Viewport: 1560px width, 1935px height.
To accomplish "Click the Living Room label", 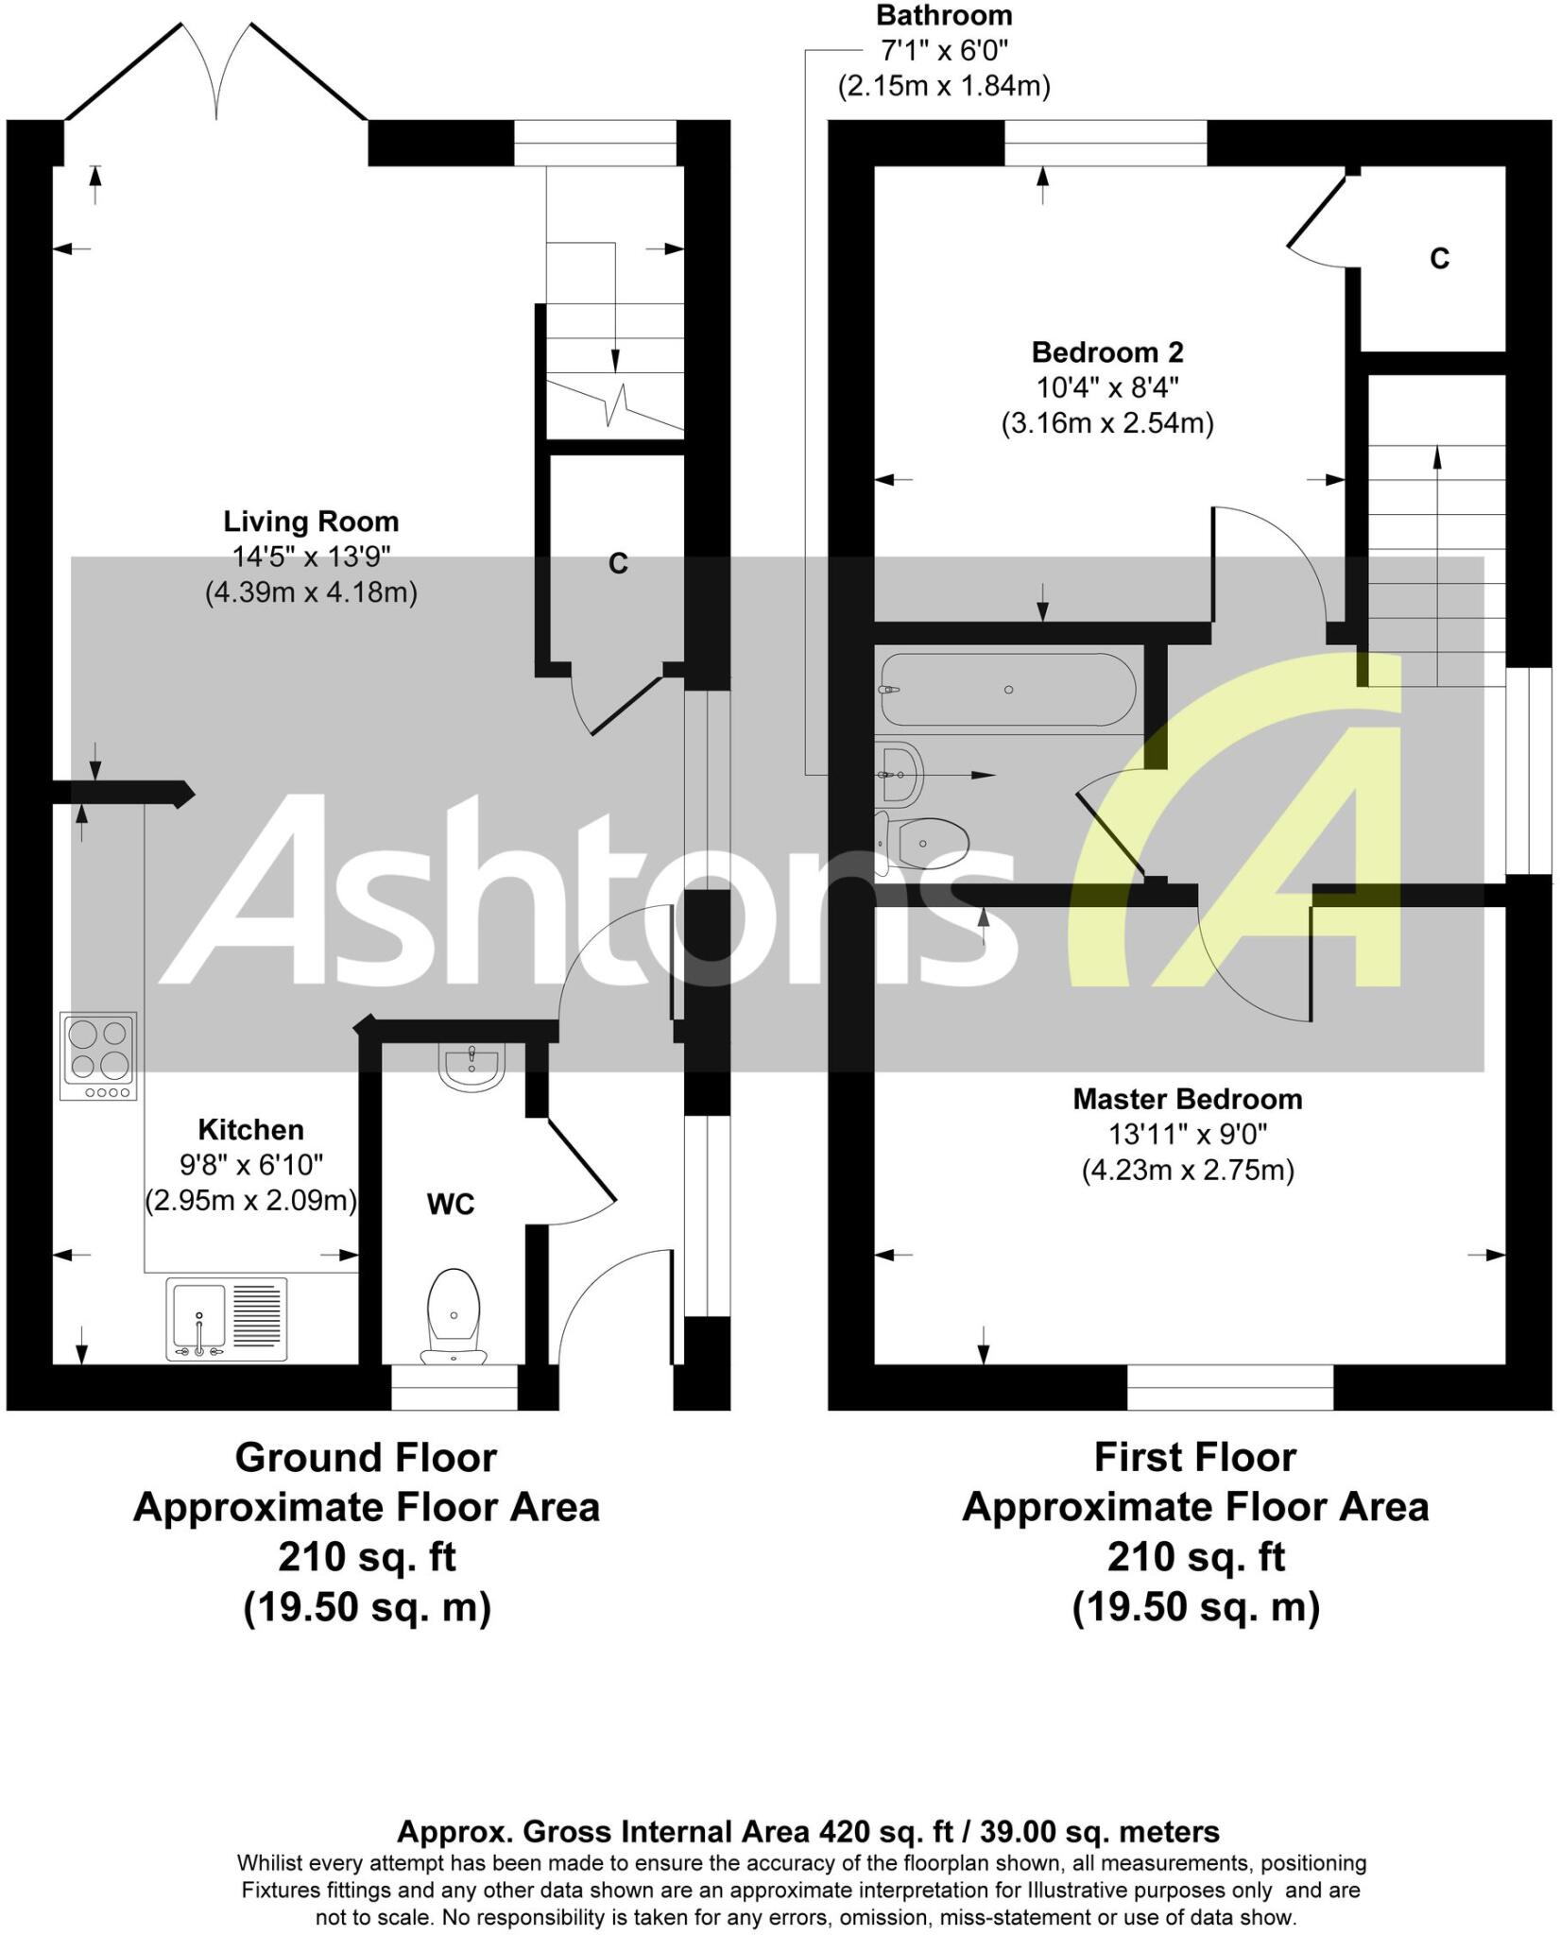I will (x=311, y=522).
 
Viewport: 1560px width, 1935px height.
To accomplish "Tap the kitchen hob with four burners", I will (x=98, y=1055).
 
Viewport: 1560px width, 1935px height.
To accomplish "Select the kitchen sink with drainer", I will (x=226, y=1319).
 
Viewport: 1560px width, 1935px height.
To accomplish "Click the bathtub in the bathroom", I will (x=1007, y=690).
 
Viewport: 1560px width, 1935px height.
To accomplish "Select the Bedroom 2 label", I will (x=1106, y=352).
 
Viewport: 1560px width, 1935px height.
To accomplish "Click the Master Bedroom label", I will (x=1187, y=1099).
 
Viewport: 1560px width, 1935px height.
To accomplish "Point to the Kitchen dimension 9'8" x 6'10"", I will (x=251, y=1165).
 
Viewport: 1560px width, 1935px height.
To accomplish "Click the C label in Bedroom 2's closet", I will (x=1439, y=259).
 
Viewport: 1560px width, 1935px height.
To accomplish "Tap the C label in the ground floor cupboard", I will (x=618, y=564).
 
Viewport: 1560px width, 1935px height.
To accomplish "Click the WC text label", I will (x=451, y=1205).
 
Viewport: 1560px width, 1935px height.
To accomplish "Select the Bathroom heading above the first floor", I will (x=944, y=16).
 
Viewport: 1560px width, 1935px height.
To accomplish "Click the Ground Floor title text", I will (x=366, y=1457).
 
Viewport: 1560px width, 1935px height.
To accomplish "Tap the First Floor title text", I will (x=1194, y=1457).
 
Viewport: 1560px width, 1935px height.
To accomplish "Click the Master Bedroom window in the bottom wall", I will (x=1230, y=1386).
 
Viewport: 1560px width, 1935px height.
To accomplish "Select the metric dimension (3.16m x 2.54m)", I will (x=1106, y=423).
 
